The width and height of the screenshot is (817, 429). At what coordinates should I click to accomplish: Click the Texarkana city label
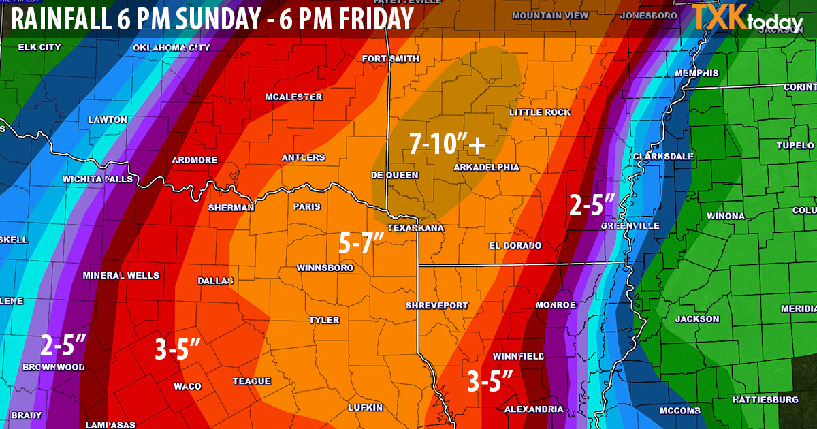pyautogui.click(x=415, y=227)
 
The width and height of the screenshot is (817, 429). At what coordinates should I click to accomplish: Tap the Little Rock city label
pyautogui.click(x=540, y=112)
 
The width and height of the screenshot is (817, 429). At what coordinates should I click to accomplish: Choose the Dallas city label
pyautogui.click(x=215, y=281)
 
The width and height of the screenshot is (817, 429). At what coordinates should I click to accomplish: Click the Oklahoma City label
pyautogui.click(x=172, y=48)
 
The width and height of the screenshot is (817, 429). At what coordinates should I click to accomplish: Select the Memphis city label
pyautogui.click(x=696, y=74)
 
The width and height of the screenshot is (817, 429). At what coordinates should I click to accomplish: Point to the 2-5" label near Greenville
pyautogui.click(x=592, y=204)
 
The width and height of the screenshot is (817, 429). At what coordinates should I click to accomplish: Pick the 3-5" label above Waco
pyautogui.click(x=177, y=350)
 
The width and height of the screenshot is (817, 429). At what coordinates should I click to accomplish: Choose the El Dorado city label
pyautogui.click(x=515, y=245)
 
